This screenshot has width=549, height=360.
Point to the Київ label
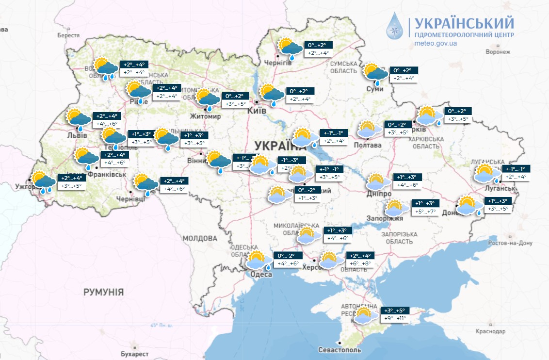click(257, 111)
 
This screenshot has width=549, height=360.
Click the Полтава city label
click(368, 145)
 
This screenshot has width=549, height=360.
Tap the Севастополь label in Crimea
click(339, 350)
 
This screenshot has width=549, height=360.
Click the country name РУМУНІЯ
click(103, 292)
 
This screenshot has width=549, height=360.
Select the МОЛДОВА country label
click(200, 238)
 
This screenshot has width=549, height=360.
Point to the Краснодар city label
click(490, 331)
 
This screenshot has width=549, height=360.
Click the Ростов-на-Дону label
click(510, 243)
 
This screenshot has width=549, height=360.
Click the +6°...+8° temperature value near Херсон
click(359, 263)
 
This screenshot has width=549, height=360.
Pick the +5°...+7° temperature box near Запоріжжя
click(426, 211)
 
